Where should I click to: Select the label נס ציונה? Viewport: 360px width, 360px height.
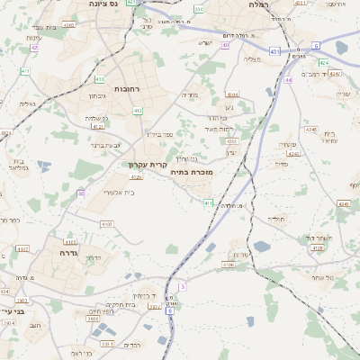click(107, 4)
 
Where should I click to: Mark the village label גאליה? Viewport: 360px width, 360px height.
click(26, 103)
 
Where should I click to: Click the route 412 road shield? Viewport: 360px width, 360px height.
click(138, 111)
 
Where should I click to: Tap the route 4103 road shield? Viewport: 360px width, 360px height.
click(107, 224)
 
